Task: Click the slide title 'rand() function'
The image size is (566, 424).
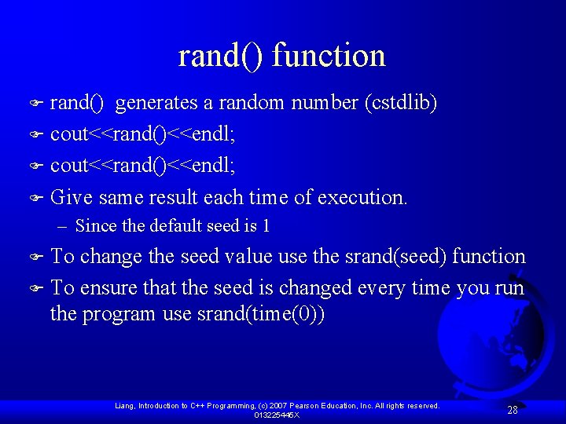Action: point(282,56)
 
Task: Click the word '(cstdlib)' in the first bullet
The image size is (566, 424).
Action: point(400,103)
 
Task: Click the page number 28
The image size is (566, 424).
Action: point(512,410)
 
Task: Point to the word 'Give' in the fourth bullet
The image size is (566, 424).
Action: point(72,197)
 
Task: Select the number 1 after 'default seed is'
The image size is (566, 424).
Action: point(266,226)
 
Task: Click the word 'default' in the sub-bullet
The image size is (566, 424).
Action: point(154,226)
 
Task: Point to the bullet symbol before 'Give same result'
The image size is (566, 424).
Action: point(35,198)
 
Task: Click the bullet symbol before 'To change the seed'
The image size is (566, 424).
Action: point(35,258)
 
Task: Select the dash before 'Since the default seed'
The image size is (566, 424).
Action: point(62,226)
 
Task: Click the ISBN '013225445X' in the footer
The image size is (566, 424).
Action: point(277,415)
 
